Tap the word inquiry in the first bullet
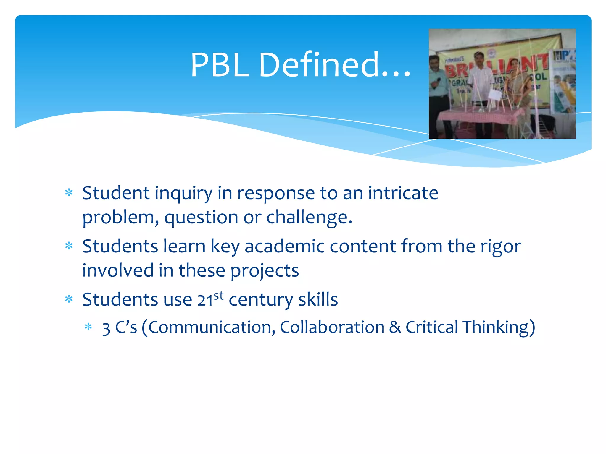[183, 194]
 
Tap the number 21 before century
[205, 300]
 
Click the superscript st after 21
[219, 296]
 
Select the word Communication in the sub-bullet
[212, 327]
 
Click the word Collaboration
[332, 327]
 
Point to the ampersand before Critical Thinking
[395, 327]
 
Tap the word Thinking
[499, 327]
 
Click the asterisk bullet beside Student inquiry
[69, 193]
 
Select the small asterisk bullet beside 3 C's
[88, 327]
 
